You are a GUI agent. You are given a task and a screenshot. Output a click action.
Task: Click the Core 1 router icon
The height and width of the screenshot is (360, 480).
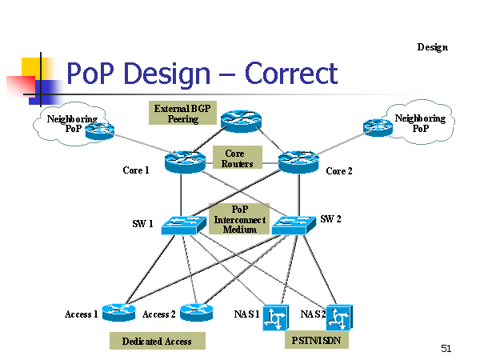(185, 162)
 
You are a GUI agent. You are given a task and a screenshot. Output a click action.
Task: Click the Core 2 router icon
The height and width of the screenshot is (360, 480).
(298, 162)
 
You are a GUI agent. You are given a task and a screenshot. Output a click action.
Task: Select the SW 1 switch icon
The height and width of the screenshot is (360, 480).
(184, 225)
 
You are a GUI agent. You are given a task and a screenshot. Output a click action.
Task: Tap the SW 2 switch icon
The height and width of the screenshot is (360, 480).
(294, 225)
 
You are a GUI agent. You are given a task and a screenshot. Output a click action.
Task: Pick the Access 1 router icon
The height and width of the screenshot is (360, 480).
(118, 312)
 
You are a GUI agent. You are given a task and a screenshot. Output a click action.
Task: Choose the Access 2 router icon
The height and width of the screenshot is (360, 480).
(197, 312)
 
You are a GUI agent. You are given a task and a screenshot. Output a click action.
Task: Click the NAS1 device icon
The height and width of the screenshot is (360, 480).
(275, 318)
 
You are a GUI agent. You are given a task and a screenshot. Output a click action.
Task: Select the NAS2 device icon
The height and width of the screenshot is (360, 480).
(339, 318)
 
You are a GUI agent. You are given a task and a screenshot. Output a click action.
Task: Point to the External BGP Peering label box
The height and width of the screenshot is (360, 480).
(182, 113)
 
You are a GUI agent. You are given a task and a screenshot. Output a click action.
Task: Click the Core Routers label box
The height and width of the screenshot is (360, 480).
(238, 158)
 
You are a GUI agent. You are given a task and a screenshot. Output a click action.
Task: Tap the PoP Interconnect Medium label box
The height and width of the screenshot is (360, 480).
(239, 219)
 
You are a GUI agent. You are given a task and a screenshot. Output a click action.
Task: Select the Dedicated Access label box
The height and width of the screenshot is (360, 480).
(158, 341)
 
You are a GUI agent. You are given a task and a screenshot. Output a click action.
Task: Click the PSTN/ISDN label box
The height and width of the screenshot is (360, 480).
(317, 340)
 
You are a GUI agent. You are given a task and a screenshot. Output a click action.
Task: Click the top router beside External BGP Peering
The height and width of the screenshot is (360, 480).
(242, 122)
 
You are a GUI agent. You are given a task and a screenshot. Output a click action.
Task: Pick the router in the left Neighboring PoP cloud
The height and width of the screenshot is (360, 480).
(99, 131)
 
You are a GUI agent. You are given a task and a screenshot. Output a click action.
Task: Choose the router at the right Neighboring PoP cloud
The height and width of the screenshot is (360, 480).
(378, 127)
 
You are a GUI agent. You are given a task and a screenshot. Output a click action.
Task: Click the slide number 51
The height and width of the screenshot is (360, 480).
(446, 348)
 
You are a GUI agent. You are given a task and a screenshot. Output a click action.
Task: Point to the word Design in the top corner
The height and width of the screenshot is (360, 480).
(433, 47)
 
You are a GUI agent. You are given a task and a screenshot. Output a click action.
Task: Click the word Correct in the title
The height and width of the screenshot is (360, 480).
(291, 74)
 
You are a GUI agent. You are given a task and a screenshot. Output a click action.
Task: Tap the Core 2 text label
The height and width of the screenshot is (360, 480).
(339, 171)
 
